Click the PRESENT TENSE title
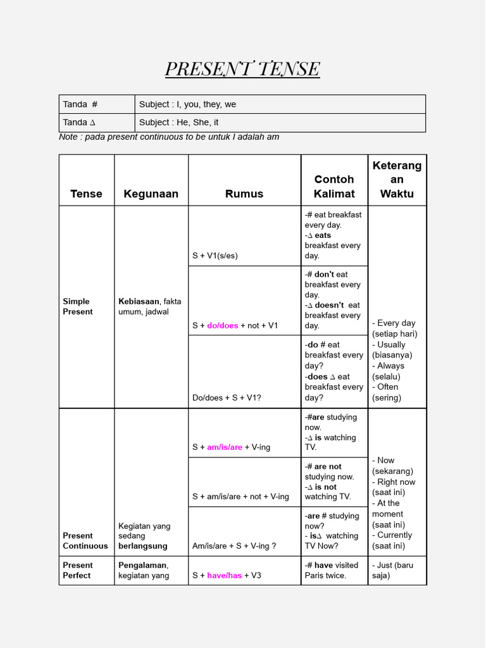pyautogui.click(x=242, y=69)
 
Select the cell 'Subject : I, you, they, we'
pyautogui.click(x=187, y=104)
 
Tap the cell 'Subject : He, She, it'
pyautogui.click(x=179, y=122)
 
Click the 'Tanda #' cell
pyautogui.click(x=80, y=104)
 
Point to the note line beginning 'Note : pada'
pyautogui.click(x=168, y=137)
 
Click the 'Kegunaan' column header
pyautogui.click(x=151, y=194)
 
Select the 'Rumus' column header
pyautogui.click(x=244, y=194)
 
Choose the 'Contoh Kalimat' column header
pyautogui.click(x=334, y=187)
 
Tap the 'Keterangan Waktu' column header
pyautogui.click(x=397, y=180)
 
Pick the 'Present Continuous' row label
pyautogui.click(x=85, y=540)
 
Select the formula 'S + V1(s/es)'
pyautogui.click(x=215, y=256)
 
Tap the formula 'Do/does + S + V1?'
pyautogui.click(x=227, y=397)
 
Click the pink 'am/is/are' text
pyautogui.click(x=225, y=447)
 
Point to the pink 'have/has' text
pyautogui.click(x=225, y=575)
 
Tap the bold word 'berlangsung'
pyautogui.click(x=143, y=545)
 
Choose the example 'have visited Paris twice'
pyautogui.click(x=332, y=570)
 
